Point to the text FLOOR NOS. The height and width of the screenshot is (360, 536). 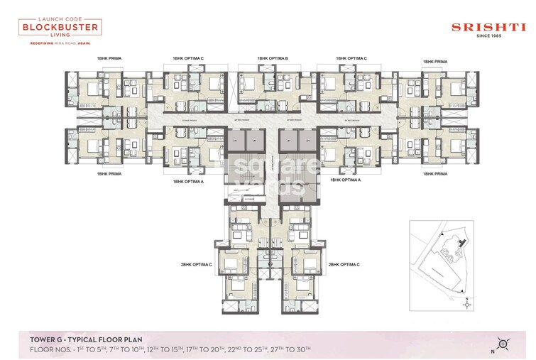(52, 350)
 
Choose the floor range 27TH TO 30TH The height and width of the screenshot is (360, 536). (326, 350)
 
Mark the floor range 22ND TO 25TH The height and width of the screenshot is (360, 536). (278, 350)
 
